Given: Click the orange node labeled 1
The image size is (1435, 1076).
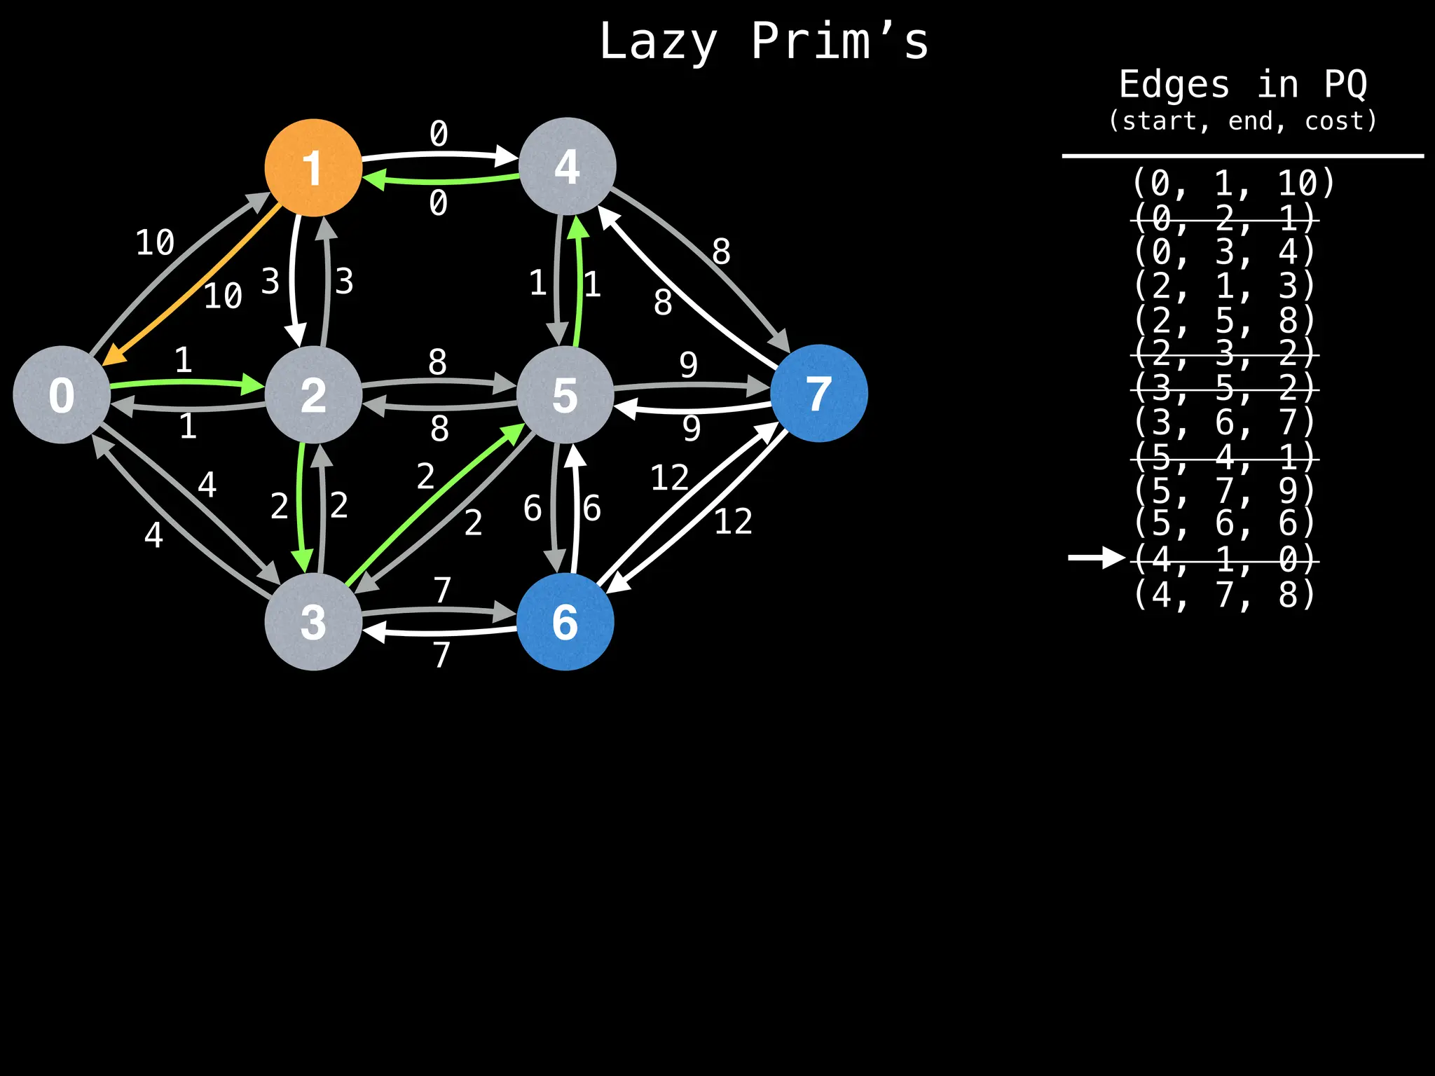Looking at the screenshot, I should pyautogui.click(x=313, y=167).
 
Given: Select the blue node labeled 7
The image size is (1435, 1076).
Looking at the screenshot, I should pyautogui.click(x=818, y=393).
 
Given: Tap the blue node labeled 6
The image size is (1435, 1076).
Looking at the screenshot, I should pyautogui.click(x=565, y=621).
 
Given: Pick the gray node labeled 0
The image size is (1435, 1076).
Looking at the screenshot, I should pyautogui.click(x=62, y=394).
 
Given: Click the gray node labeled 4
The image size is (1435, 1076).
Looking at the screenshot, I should pyautogui.click(x=567, y=166).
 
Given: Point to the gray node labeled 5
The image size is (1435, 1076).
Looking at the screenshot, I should pyautogui.click(x=565, y=394).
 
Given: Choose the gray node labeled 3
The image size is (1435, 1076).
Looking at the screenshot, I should pyautogui.click(x=313, y=621).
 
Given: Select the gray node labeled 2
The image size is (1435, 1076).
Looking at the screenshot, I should pyautogui.click(x=313, y=394).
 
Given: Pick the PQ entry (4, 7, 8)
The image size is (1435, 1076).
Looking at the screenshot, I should pyautogui.click(x=1225, y=594).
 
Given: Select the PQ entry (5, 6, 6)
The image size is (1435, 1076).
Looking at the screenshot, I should pyautogui.click(x=1225, y=523).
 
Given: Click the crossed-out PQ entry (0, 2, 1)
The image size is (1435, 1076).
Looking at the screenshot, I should pyautogui.click(x=1225, y=219).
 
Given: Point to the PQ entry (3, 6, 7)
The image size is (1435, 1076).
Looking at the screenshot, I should pyautogui.click(x=1225, y=422).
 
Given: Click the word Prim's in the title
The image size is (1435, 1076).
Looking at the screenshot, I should pyautogui.click(x=839, y=41).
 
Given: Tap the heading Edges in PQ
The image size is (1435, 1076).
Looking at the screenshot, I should pyautogui.click(x=1242, y=85).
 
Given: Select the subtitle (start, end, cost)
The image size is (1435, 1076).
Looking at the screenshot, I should pyautogui.click(x=1242, y=121).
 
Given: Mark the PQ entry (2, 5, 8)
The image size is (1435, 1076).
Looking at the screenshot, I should pyautogui.click(x=1225, y=320).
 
